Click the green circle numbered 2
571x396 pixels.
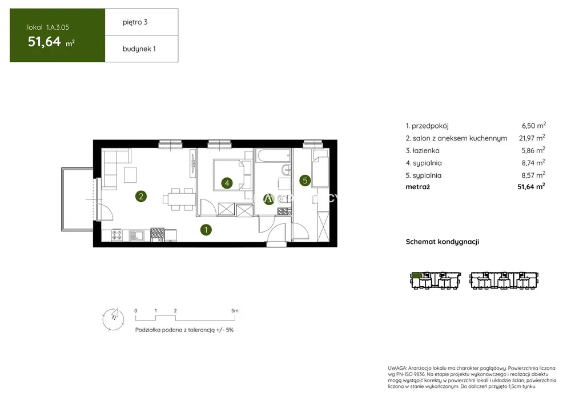pos(141,197)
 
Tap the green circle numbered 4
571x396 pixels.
pos(227,182)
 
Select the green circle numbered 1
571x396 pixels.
pos(206,230)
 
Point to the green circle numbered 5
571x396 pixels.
pos(305,180)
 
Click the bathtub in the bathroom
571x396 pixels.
pos(273,155)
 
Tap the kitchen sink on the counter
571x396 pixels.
pos(137,235)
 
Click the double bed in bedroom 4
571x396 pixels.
pos(232,174)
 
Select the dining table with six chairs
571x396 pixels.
pos(178,199)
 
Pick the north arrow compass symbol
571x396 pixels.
pos(113,319)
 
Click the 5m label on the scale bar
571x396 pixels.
pos(235,311)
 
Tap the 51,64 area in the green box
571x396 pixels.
pos(45,42)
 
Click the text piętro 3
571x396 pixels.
pos(135,22)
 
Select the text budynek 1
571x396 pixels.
pos(139,49)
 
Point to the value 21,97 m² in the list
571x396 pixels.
pos(532,138)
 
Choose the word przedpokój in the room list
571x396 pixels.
pos(430,126)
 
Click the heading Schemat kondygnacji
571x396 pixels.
pos(443,242)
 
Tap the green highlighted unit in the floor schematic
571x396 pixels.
pos(417,275)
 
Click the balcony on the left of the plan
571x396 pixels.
pos(77,199)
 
